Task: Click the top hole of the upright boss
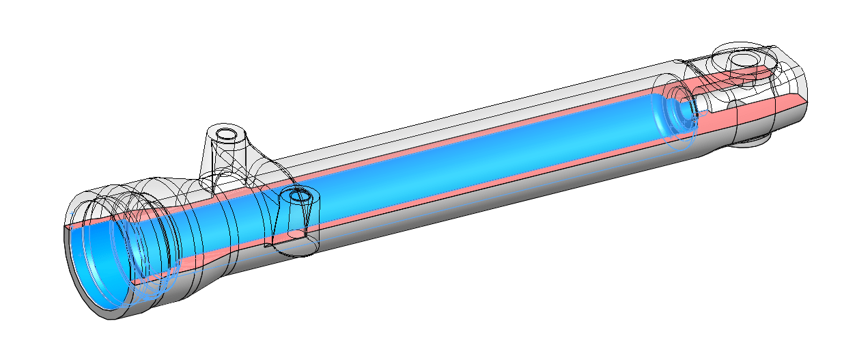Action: [x=225, y=132]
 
